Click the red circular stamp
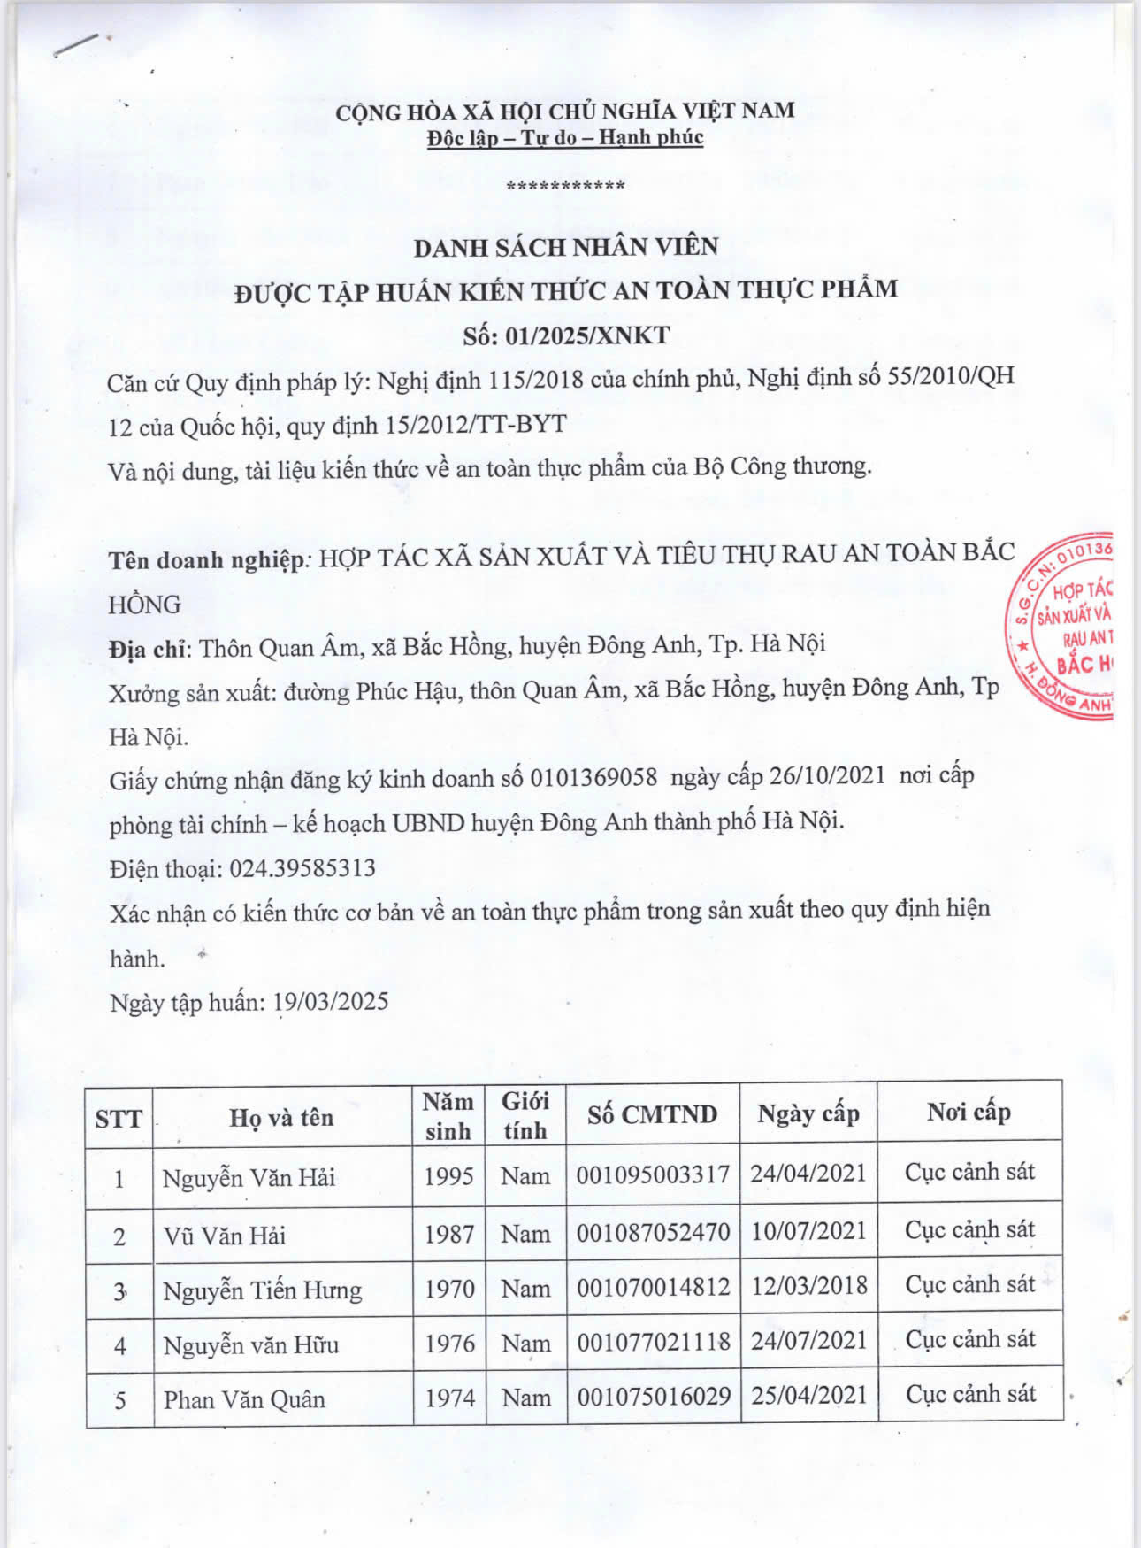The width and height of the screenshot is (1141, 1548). [x=1061, y=627]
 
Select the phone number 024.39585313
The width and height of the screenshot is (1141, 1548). [x=302, y=868]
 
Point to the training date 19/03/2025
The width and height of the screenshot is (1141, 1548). [x=331, y=1001]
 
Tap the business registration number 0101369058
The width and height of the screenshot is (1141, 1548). [x=593, y=778]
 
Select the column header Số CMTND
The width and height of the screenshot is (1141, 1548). [x=653, y=1114]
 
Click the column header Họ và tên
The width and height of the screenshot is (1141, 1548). [x=281, y=1117]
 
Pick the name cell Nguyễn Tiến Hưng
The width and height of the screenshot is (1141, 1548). [x=263, y=1290]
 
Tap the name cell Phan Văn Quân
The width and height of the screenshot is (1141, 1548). [x=244, y=1399]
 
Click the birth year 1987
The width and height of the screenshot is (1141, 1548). [x=449, y=1234]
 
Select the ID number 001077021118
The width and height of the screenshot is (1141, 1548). [x=654, y=1343]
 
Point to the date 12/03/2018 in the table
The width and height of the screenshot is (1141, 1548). [x=809, y=1285]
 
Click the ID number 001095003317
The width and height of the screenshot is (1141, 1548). [x=653, y=1174]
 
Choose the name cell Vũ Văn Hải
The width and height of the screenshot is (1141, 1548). [x=225, y=1236]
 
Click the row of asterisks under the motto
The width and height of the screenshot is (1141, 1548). [x=565, y=186]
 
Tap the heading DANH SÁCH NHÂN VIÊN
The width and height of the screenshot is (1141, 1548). [x=566, y=247]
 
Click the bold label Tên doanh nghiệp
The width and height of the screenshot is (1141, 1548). [x=207, y=559]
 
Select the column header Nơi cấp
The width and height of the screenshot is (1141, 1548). [x=969, y=1112]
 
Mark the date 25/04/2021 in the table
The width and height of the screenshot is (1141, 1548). [x=809, y=1395]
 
